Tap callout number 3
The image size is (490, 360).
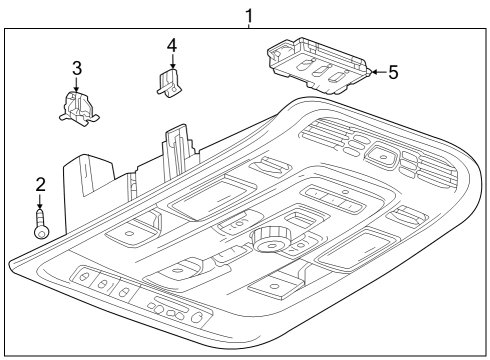pyautogui.click(x=76, y=68)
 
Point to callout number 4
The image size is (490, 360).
pyautogui.click(x=171, y=45)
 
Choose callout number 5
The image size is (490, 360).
pyautogui.click(x=393, y=72)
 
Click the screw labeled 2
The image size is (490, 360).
pyautogui.click(x=41, y=222)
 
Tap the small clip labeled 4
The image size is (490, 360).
pyautogui.click(x=169, y=84)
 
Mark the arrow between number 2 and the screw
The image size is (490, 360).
pyautogui.click(x=41, y=200)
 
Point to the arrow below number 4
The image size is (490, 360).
pyautogui.click(x=171, y=62)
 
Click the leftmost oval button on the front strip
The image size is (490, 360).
pyautogui.click(x=84, y=277)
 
